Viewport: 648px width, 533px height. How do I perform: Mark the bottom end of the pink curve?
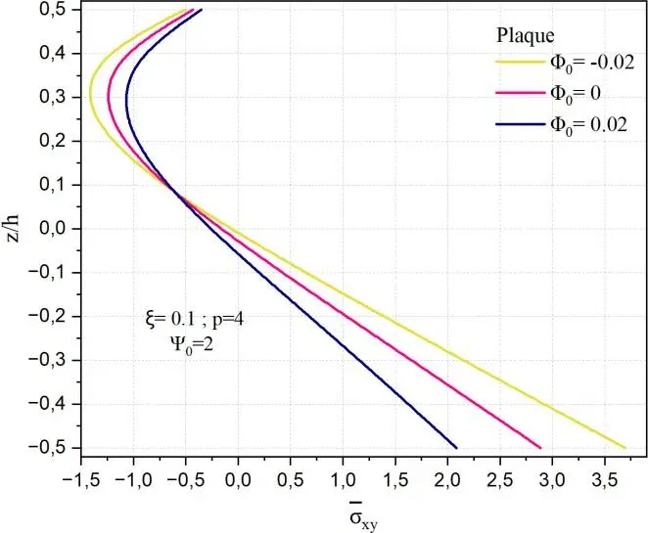tap(541, 448)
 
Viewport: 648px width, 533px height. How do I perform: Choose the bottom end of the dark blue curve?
tap(456, 448)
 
